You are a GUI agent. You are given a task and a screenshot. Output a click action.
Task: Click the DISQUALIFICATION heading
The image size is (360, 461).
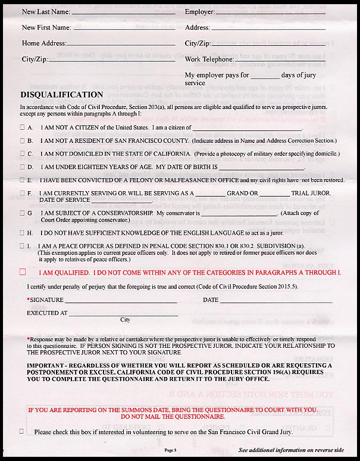pos(62,94)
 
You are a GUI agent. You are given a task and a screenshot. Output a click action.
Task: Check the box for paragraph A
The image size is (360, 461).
pos(23,127)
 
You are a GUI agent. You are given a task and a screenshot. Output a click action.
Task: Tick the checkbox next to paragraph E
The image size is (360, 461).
pos(23,179)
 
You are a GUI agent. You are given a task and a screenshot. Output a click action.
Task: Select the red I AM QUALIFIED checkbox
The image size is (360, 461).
pos(23,272)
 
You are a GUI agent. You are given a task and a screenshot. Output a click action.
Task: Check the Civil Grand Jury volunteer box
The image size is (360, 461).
pos(22,431)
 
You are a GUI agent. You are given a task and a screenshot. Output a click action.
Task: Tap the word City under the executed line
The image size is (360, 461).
pos(126,320)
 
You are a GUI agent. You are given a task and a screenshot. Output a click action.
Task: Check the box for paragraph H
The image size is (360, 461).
pos(23,232)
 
